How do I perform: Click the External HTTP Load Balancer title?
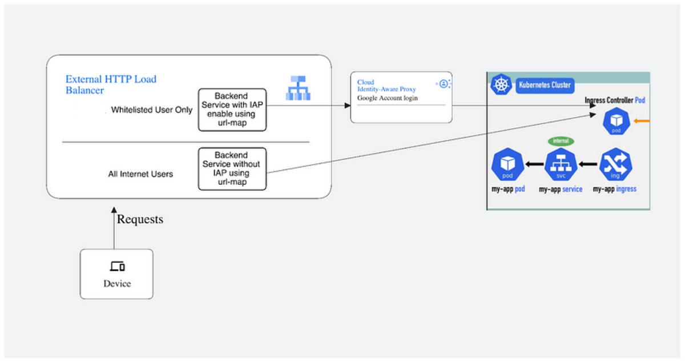click(111, 84)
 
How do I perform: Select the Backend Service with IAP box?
click(232, 110)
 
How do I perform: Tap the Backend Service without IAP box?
click(232, 168)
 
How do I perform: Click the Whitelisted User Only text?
click(152, 110)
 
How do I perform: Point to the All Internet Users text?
click(140, 174)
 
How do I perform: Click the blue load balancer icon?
click(298, 87)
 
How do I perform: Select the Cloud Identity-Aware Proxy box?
click(401, 97)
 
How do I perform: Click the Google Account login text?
click(388, 98)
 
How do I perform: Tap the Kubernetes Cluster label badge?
click(544, 86)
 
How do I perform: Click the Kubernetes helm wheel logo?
click(501, 85)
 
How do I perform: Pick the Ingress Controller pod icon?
click(616, 122)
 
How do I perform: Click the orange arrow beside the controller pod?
click(642, 120)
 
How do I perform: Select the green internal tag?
click(561, 140)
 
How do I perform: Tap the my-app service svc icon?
click(561, 164)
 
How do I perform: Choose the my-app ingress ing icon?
click(615, 164)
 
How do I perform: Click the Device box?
click(116, 274)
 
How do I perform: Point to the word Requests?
click(140, 219)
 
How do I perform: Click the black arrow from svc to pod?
click(534, 164)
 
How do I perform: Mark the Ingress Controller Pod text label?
click(615, 100)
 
